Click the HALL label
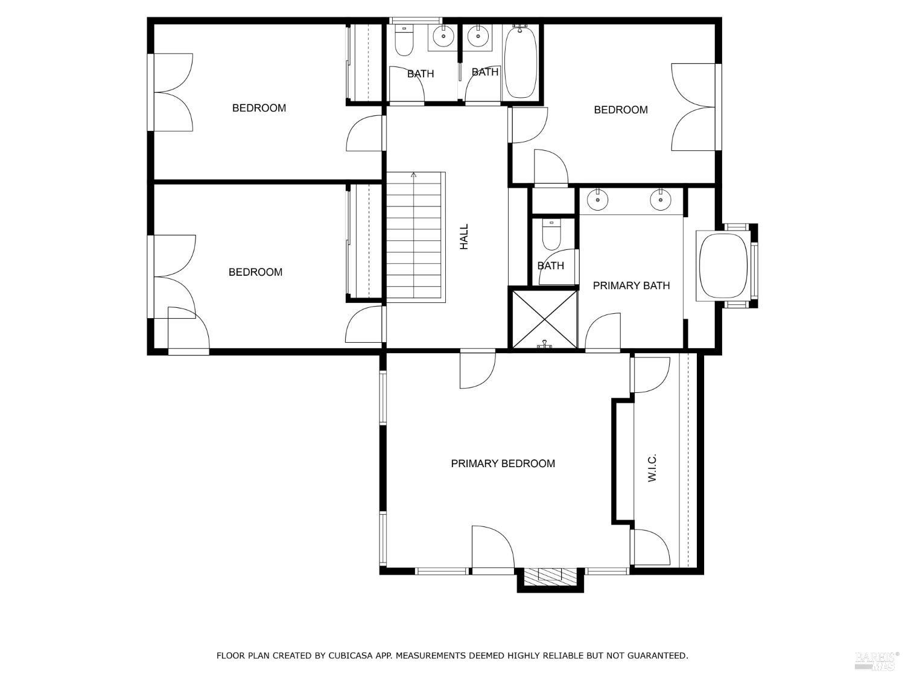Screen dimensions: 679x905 [464, 237]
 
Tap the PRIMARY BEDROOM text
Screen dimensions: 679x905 [503, 464]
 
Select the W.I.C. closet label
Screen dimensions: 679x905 [652, 468]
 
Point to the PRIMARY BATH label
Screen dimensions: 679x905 [631, 285]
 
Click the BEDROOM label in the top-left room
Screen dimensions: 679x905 [259, 108]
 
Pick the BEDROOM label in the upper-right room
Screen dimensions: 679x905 [620, 110]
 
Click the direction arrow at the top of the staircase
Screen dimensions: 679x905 [414, 176]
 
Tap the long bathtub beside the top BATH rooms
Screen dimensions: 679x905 [519, 62]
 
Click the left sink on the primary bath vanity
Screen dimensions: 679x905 [598, 199]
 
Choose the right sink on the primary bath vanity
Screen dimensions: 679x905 [661, 199]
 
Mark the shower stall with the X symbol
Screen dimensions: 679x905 [544, 319]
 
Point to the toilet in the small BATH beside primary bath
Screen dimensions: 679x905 [551, 235]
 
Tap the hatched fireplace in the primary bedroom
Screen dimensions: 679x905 [550, 576]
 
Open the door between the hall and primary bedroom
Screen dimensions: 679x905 [477, 368]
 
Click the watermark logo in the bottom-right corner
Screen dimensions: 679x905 [876, 661]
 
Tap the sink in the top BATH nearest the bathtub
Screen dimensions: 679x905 [478, 37]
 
